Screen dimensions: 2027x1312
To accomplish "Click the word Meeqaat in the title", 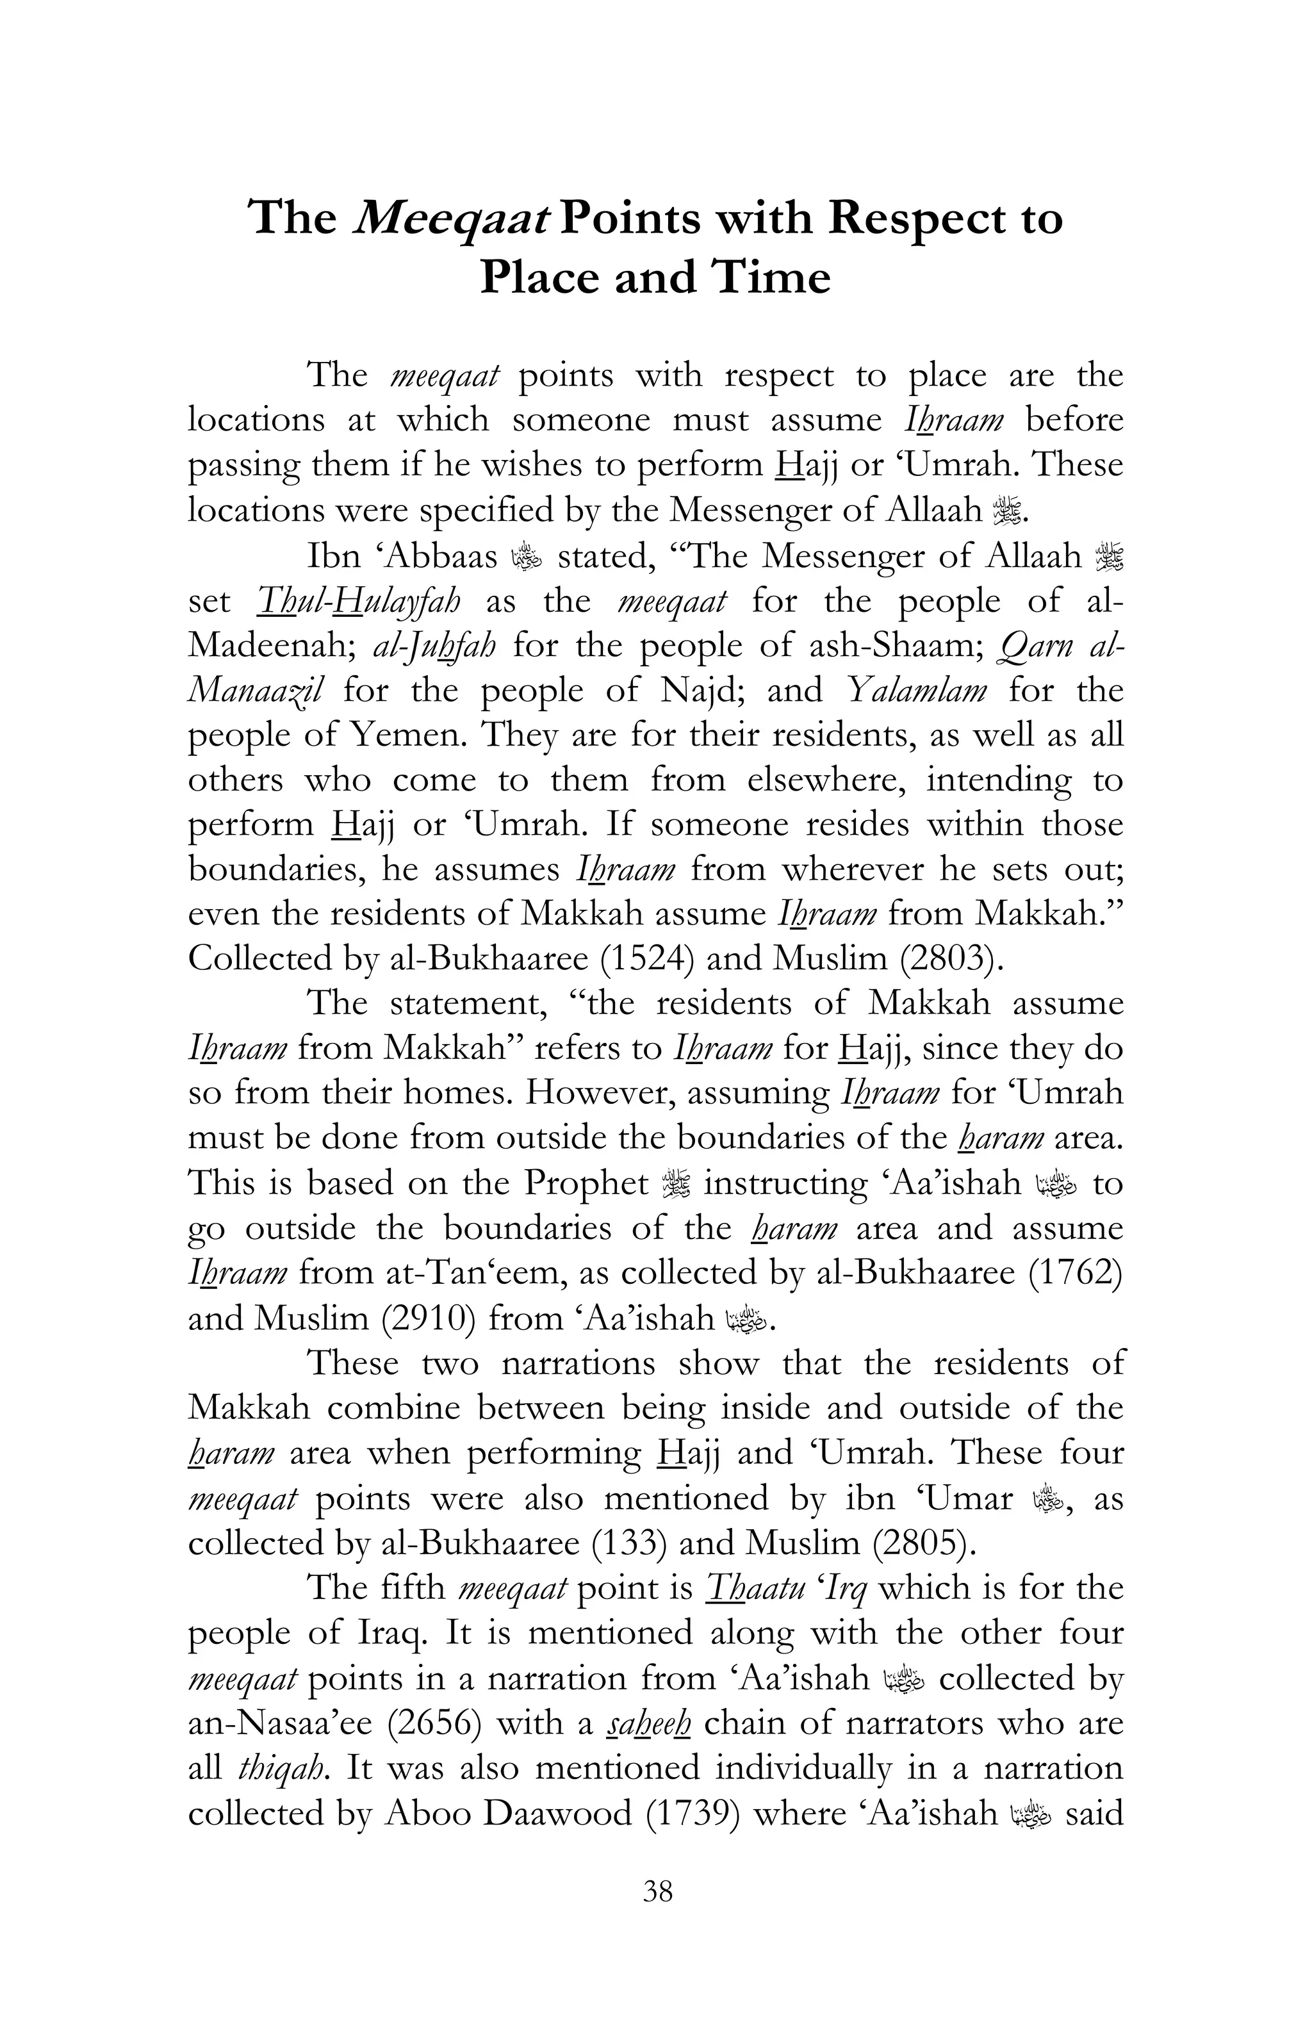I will (448, 220).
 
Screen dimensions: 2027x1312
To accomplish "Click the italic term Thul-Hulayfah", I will (357, 602).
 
